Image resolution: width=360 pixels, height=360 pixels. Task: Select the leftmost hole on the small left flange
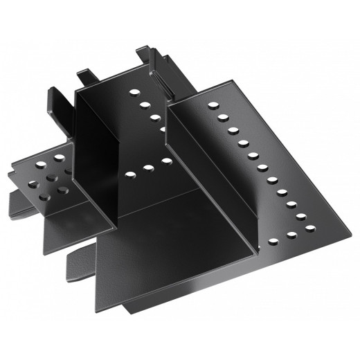(31, 185)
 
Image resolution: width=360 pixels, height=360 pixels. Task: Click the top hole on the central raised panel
(133, 91)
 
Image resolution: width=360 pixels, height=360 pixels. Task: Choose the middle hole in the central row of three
(147, 168)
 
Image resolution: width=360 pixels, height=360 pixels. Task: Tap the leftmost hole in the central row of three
(130, 174)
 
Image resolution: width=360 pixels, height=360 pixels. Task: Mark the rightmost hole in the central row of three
(165, 162)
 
